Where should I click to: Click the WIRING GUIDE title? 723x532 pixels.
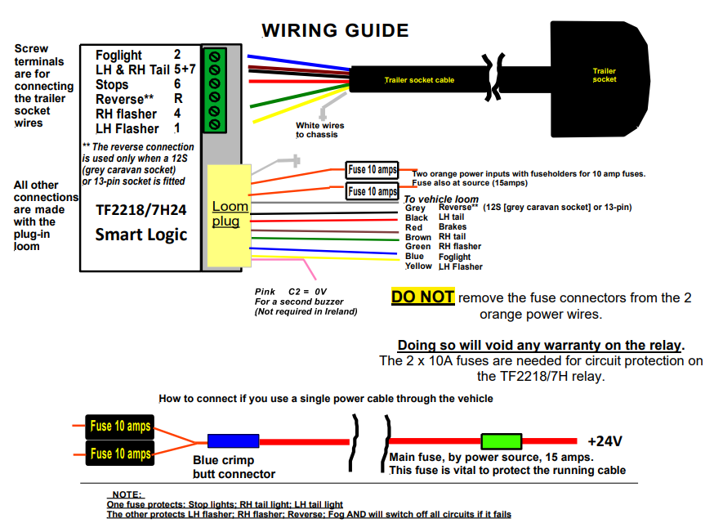point(335,31)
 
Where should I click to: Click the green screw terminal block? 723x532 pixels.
point(215,90)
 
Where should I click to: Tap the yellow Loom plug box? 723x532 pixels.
point(230,215)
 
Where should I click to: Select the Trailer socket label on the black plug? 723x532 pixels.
point(604,75)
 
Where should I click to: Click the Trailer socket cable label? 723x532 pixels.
point(419,80)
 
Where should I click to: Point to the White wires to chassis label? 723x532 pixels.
point(319,130)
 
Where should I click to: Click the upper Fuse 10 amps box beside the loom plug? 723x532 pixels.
point(373,170)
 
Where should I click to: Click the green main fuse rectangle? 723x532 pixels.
point(502,441)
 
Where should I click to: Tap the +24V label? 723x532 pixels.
point(605,441)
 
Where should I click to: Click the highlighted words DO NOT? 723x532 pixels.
point(422,297)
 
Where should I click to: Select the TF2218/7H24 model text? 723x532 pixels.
point(141,210)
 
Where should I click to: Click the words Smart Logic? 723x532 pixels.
point(141,235)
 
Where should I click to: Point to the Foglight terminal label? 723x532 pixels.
point(119,55)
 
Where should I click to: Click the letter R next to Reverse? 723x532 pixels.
point(177,99)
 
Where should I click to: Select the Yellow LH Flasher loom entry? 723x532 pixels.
point(444,266)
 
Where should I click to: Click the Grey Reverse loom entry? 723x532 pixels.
point(441,208)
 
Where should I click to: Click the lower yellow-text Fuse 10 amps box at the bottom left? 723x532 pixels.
point(120,454)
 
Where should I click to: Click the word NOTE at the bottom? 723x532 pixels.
point(126,494)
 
